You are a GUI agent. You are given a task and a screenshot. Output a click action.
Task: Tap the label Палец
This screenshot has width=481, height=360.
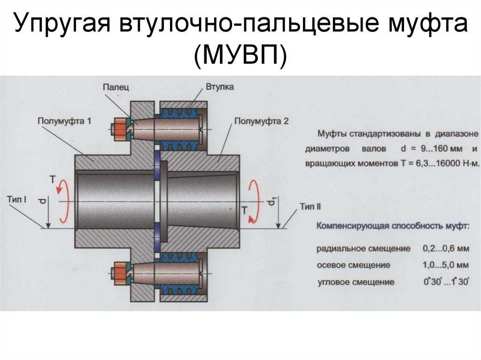[x=116, y=87]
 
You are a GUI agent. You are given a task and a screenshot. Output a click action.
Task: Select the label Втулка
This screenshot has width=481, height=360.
[x=220, y=87]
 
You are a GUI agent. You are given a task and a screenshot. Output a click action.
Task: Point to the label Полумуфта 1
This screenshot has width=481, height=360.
[x=64, y=121]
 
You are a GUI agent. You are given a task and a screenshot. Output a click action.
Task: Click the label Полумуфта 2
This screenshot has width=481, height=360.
[x=261, y=121]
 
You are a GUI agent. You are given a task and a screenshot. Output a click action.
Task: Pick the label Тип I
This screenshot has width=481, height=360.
[x=17, y=199]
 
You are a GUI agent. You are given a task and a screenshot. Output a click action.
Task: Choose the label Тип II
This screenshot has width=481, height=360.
[x=310, y=207]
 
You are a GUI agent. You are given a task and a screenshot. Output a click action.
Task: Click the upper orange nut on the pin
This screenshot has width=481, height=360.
[x=121, y=130]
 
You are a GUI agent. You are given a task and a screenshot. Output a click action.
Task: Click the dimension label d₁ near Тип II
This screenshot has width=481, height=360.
[x=271, y=202]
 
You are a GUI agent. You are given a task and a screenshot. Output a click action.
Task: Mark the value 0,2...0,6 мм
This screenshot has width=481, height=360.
[x=446, y=248]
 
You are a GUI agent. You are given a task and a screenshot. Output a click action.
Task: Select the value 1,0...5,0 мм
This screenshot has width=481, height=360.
[x=446, y=265]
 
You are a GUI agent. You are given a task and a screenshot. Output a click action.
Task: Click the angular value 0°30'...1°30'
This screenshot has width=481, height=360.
[x=446, y=282]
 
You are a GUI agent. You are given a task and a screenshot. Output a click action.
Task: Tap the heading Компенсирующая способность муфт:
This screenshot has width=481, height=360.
[x=393, y=227]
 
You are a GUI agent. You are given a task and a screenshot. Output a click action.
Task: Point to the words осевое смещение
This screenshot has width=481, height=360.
[x=353, y=265]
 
